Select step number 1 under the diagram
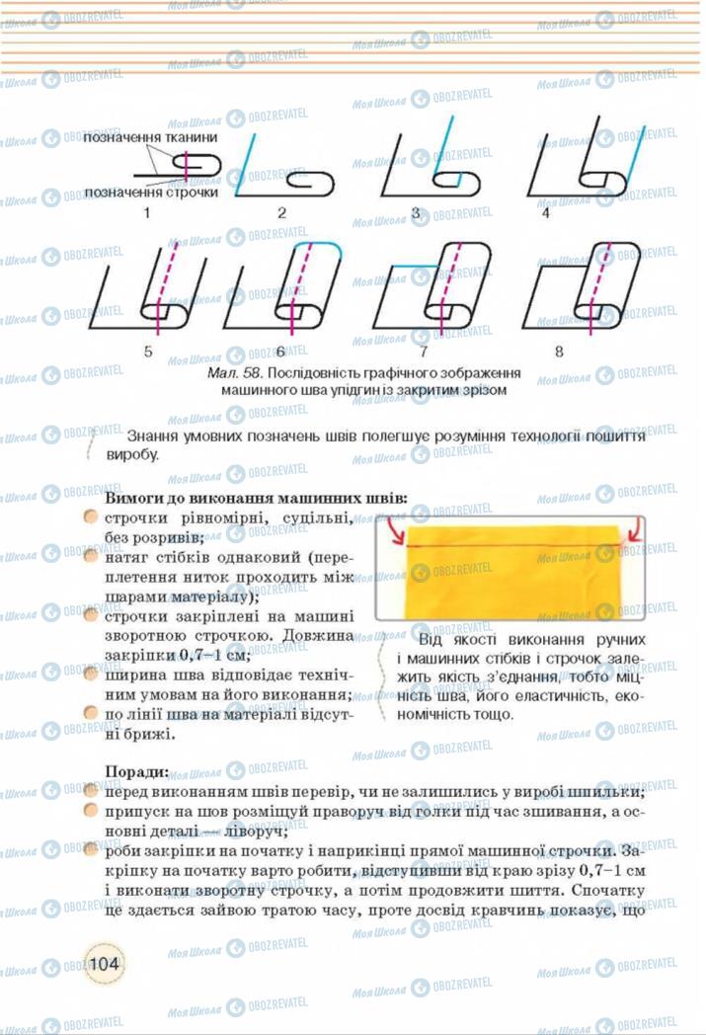click(x=146, y=212)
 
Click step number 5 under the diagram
click(x=148, y=350)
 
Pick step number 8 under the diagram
click(x=559, y=350)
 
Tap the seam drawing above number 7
click(x=434, y=285)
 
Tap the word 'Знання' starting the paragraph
click(x=154, y=436)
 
